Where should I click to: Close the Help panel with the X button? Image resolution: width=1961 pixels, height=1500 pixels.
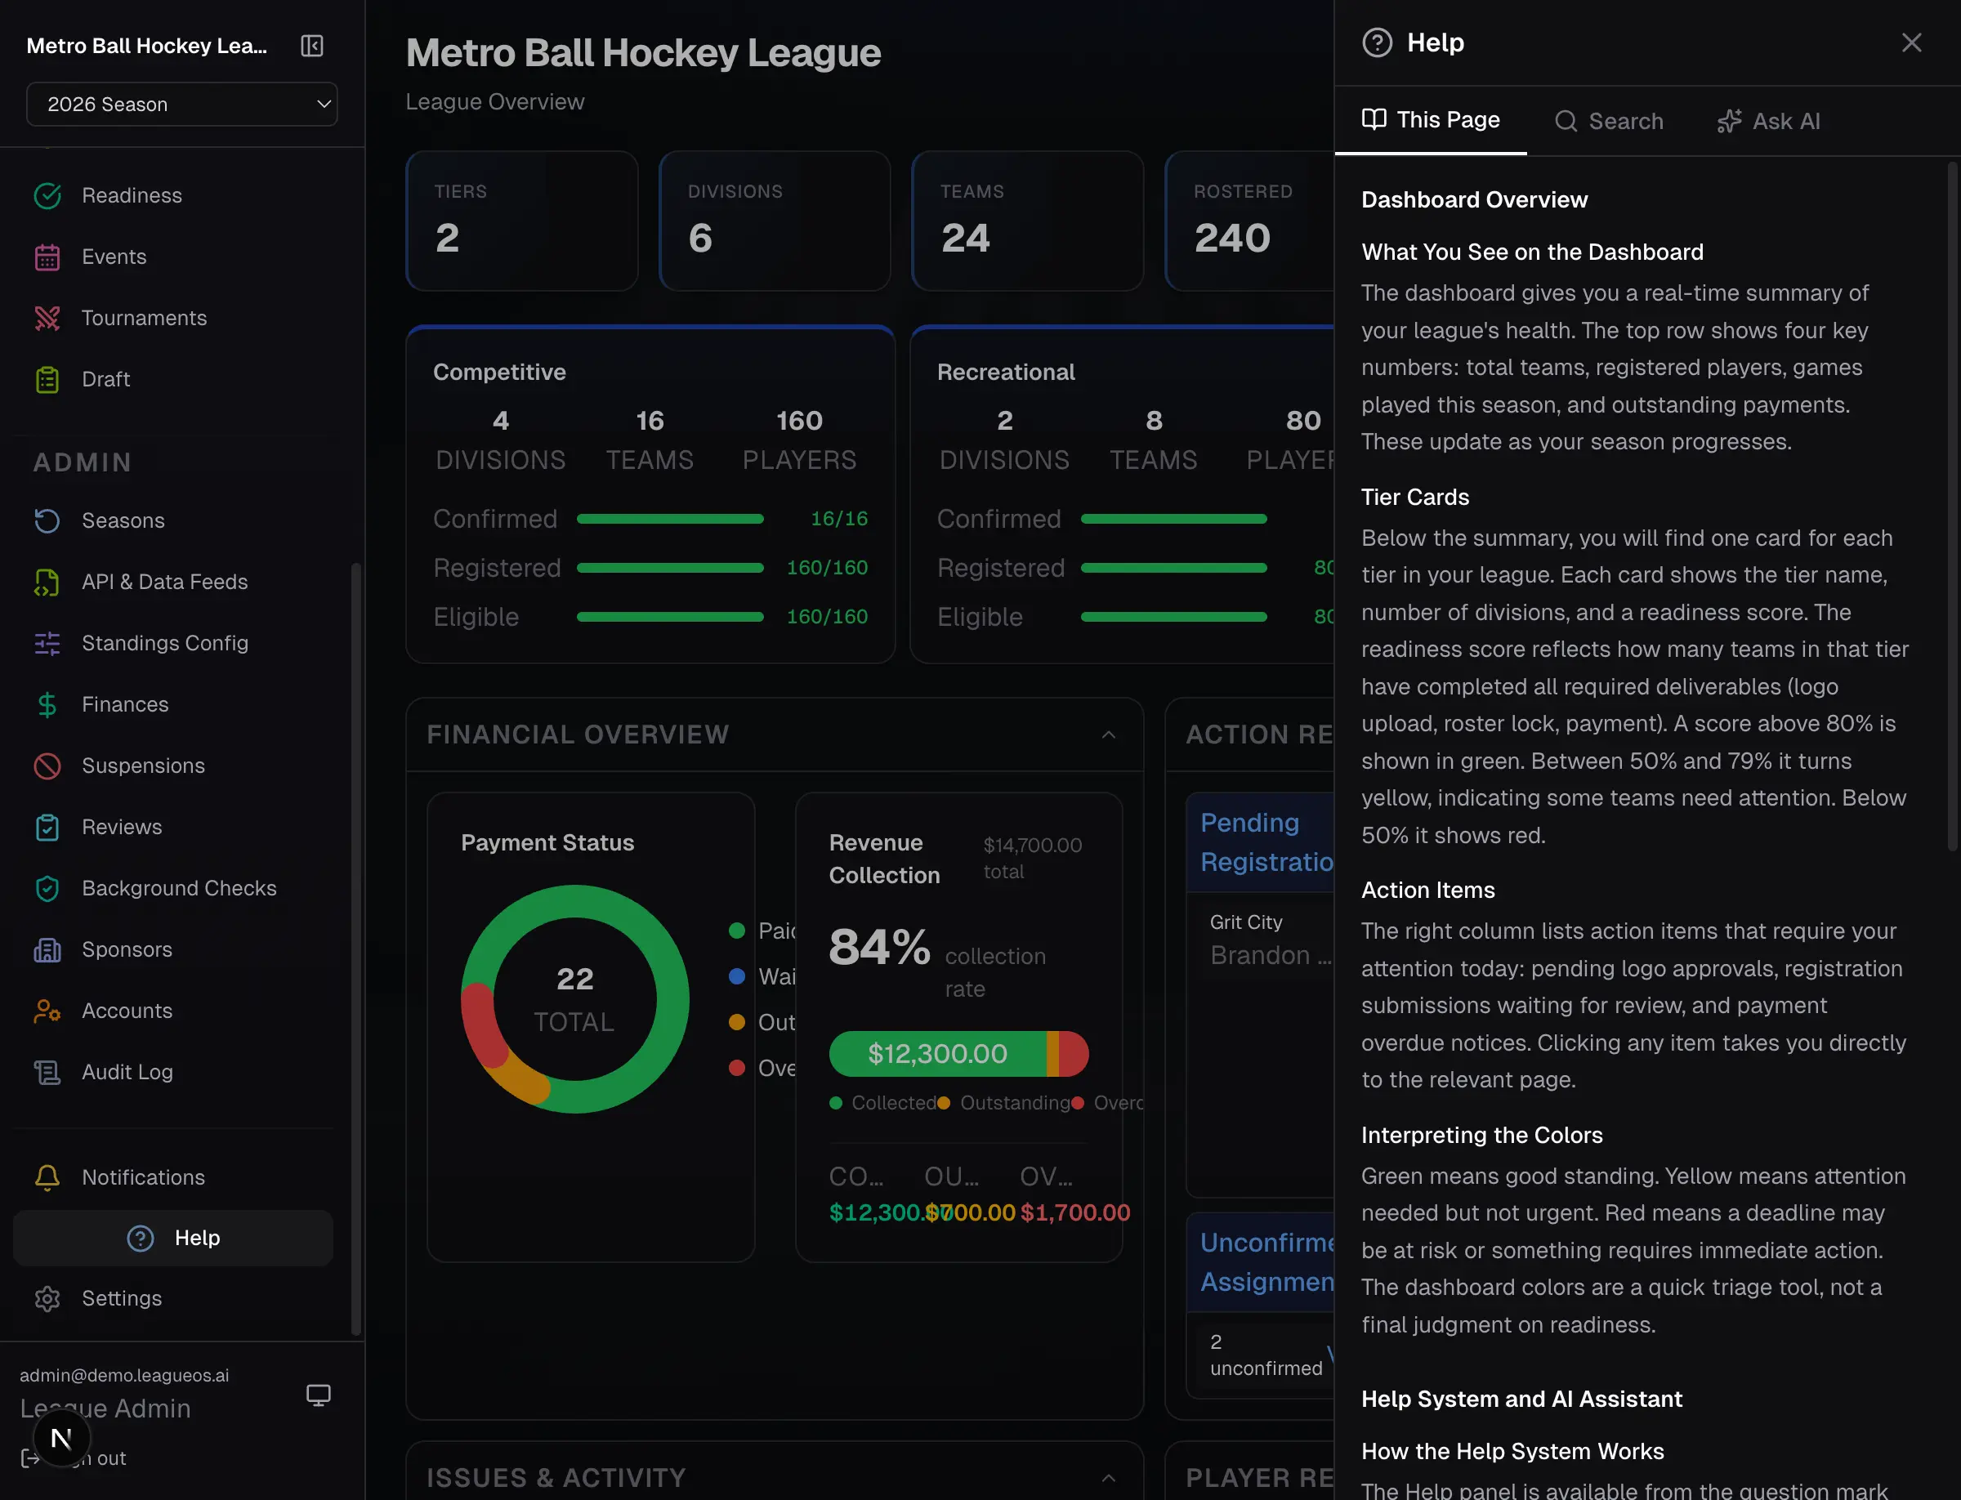[x=1911, y=42]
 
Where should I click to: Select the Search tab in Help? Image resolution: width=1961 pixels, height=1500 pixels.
[x=1609, y=122]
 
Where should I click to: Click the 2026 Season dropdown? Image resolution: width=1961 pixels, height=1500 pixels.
[x=182, y=105]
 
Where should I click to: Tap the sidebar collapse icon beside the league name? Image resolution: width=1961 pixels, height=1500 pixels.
[x=311, y=46]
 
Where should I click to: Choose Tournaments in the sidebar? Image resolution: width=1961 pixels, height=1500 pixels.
[x=144, y=318]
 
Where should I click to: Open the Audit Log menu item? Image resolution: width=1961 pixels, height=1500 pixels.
[x=127, y=1071]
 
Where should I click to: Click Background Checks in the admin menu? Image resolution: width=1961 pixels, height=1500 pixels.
[x=179, y=887]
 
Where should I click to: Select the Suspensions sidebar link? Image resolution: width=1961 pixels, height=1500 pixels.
[x=143, y=766]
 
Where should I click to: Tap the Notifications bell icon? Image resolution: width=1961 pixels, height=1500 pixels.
[x=47, y=1176]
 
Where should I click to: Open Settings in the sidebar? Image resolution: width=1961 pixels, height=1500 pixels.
[x=122, y=1298]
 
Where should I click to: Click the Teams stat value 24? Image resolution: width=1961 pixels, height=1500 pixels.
[x=965, y=239]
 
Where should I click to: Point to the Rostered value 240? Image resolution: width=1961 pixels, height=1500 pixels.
[x=1232, y=239]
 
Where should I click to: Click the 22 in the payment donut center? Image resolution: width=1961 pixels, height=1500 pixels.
[x=575, y=980]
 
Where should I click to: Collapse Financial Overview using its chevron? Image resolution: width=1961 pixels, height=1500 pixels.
[x=1108, y=734]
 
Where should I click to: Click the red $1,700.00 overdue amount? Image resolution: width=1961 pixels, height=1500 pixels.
[x=1075, y=1212]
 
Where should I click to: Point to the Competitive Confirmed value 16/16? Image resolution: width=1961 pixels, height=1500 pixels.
[x=838, y=519]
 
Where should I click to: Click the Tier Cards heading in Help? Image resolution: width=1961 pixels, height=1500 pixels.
[x=1414, y=498]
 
